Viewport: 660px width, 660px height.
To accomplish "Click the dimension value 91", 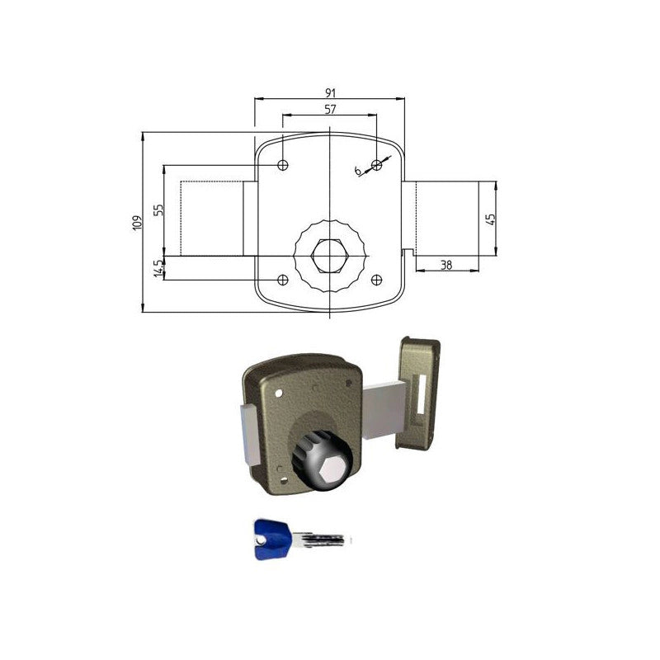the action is pyautogui.click(x=331, y=92).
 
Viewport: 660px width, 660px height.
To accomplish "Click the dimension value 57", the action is pyautogui.click(x=331, y=109).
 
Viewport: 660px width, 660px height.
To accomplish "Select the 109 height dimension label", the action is pyautogui.click(x=137, y=223).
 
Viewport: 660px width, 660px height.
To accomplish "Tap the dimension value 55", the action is pyautogui.click(x=158, y=210).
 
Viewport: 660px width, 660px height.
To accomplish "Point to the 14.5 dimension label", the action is pyautogui.click(x=158, y=268).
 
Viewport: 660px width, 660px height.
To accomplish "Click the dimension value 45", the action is pyautogui.click(x=491, y=219).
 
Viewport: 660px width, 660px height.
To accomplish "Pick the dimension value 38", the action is pyautogui.click(x=446, y=264).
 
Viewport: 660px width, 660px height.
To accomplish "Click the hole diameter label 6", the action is pyautogui.click(x=358, y=171).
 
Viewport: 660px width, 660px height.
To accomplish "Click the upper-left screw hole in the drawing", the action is pyautogui.click(x=283, y=164).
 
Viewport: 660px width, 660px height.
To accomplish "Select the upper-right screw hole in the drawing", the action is pyautogui.click(x=377, y=164).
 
